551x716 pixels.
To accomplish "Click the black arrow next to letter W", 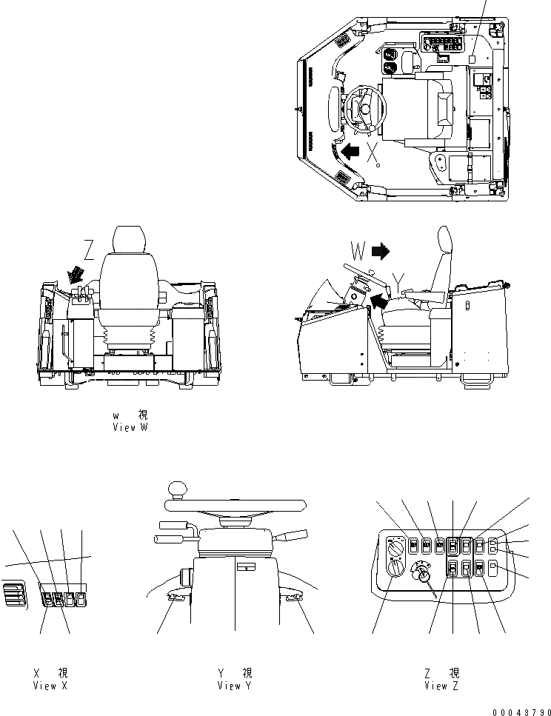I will click(x=381, y=252).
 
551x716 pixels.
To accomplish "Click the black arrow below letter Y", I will click(x=379, y=300).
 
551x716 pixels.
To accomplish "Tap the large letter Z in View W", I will click(x=89, y=252).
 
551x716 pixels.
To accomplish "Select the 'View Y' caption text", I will click(x=235, y=679).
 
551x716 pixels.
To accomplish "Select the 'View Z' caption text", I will click(x=441, y=679).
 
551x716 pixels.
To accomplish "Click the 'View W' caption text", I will click(x=130, y=421).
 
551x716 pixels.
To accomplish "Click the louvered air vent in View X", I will click(x=15, y=596).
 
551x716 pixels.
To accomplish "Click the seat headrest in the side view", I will click(x=444, y=241).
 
